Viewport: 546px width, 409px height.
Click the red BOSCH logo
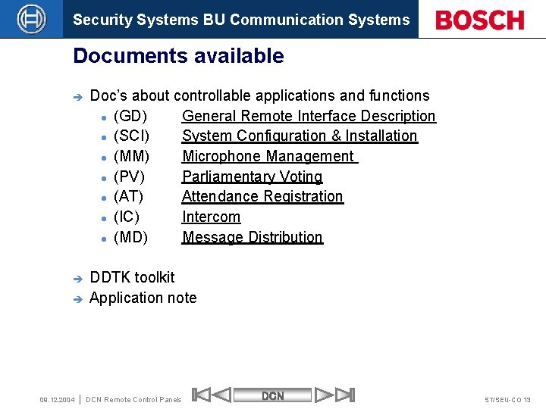coord(480,20)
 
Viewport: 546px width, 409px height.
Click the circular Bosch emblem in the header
coord(31,19)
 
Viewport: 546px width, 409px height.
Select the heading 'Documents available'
coord(178,56)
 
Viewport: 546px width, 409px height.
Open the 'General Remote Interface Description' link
coord(309,116)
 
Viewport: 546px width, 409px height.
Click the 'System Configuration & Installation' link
coord(300,136)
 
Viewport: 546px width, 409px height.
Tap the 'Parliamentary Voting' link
coord(252,176)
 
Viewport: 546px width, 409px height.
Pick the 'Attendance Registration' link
coord(262,196)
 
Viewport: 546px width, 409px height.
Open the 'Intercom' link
coord(211,217)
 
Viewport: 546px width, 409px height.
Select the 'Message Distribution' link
coord(252,237)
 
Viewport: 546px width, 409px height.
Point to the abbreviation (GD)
coord(130,116)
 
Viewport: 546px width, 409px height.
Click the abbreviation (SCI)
coord(131,136)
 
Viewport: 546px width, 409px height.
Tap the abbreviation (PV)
coord(129,176)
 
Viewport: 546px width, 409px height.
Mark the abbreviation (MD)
coord(130,237)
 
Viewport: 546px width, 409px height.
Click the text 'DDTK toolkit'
coord(132,277)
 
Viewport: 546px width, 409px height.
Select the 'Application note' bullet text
coord(143,298)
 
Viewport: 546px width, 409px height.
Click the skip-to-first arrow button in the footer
coord(202,395)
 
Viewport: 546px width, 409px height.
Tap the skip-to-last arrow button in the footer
coord(344,395)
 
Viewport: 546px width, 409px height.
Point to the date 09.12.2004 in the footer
coord(57,399)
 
